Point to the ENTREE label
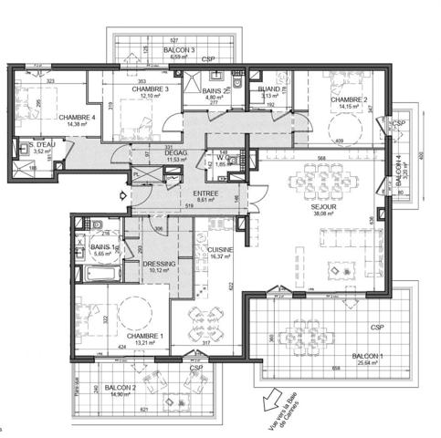[x=205, y=193]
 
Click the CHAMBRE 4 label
[x=51, y=118]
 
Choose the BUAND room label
[x=269, y=89]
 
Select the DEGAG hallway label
[x=175, y=153]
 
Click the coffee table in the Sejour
[x=342, y=272]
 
